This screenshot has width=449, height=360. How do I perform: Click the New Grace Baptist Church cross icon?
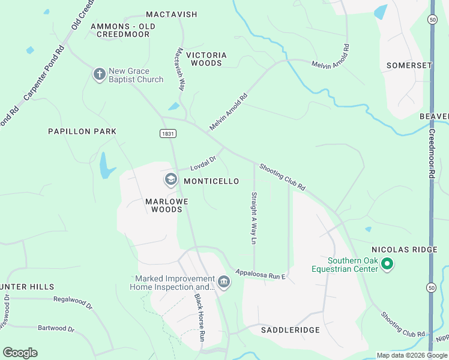click(x=99, y=74)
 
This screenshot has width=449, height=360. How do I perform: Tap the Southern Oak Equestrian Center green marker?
click(x=387, y=264)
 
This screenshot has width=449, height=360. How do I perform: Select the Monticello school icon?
click(x=171, y=179)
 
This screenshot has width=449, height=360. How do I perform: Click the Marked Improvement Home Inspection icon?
click(x=224, y=282)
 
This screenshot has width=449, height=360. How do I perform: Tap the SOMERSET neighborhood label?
click(x=409, y=65)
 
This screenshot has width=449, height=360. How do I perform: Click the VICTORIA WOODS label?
click(x=206, y=59)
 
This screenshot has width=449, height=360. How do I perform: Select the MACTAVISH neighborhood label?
click(x=172, y=14)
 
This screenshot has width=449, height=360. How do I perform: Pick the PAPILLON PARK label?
click(x=82, y=131)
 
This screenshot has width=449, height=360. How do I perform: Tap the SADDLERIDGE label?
click(x=291, y=330)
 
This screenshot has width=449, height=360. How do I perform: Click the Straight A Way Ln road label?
click(x=254, y=218)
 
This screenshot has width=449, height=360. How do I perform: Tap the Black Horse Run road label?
click(x=200, y=317)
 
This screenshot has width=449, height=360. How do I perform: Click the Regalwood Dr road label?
click(x=73, y=302)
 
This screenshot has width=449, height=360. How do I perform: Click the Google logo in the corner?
click(x=20, y=353)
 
